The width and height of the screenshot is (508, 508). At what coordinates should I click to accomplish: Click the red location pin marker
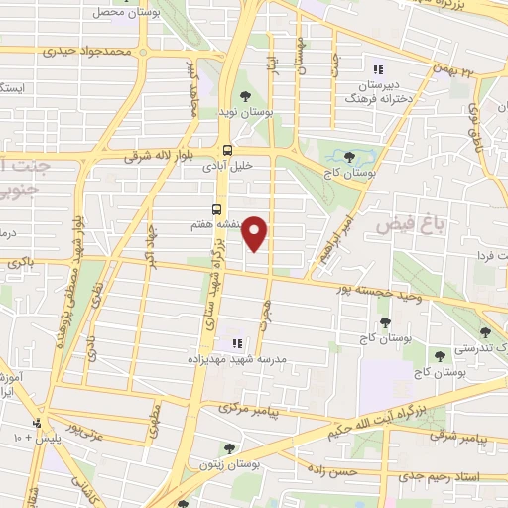tap(256, 233)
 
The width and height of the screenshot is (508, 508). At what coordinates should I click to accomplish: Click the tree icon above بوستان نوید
tap(245, 96)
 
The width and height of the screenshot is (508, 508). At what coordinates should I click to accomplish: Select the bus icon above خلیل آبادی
tap(228, 151)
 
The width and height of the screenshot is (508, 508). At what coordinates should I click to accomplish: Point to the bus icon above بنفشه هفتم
tap(216, 208)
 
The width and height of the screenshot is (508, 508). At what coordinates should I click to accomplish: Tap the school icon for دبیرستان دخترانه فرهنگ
tap(376, 69)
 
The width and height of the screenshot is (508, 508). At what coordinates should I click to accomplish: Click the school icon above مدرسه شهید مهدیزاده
tap(237, 343)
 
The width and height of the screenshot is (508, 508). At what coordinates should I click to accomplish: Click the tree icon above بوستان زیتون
tap(231, 448)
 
